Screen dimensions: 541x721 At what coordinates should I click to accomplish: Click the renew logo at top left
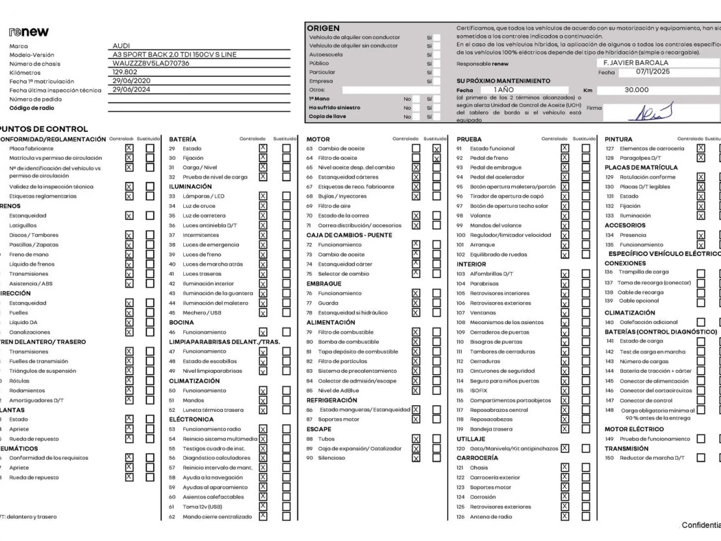pyautogui.click(x=29, y=32)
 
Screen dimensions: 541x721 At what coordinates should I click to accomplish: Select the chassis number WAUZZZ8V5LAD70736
pyautogui.click(x=151, y=63)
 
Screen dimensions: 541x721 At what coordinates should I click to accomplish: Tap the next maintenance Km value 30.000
pyautogui.click(x=637, y=90)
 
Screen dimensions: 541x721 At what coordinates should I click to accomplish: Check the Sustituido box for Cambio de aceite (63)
pyautogui.click(x=436, y=149)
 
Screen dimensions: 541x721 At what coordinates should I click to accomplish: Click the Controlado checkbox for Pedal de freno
pyautogui.click(x=564, y=158)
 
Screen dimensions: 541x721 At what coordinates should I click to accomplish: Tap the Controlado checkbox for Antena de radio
pyautogui.click(x=564, y=516)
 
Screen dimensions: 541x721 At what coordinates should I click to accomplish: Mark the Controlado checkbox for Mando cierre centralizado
pyautogui.click(x=262, y=516)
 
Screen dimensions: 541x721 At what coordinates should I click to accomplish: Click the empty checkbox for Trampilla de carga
pyautogui.click(x=701, y=273)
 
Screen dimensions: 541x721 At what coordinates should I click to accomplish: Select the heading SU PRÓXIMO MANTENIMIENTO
pyautogui.click(x=503, y=81)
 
